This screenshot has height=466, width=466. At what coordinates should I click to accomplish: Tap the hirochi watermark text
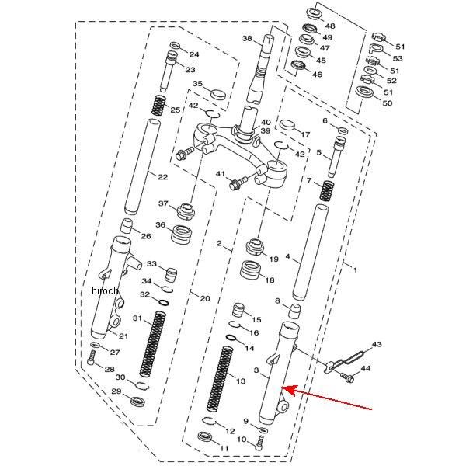[x=106, y=290]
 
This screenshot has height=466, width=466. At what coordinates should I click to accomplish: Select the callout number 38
[x=247, y=39]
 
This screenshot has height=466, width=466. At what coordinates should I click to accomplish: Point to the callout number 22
[x=162, y=177]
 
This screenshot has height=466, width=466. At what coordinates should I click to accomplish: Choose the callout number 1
[x=355, y=270]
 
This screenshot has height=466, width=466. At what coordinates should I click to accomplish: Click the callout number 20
[x=204, y=298]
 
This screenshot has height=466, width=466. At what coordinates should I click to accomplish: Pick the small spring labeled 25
[x=160, y=104]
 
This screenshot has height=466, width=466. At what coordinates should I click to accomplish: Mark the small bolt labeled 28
[x=93, y=358]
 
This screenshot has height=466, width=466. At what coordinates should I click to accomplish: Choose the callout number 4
[x=287, y=256]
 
